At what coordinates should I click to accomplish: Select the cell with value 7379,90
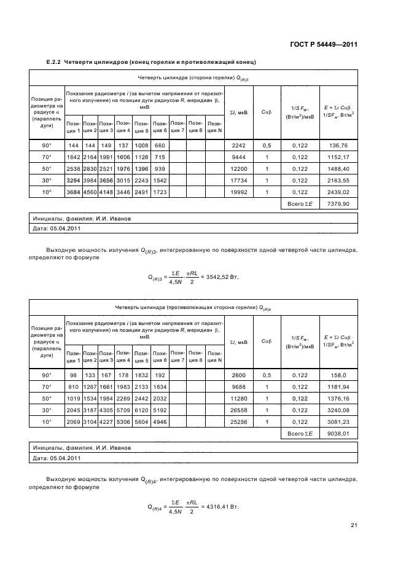338,203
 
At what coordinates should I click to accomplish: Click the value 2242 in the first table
238,145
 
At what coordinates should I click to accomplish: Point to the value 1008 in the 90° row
142,145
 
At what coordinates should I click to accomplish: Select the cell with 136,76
338,145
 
